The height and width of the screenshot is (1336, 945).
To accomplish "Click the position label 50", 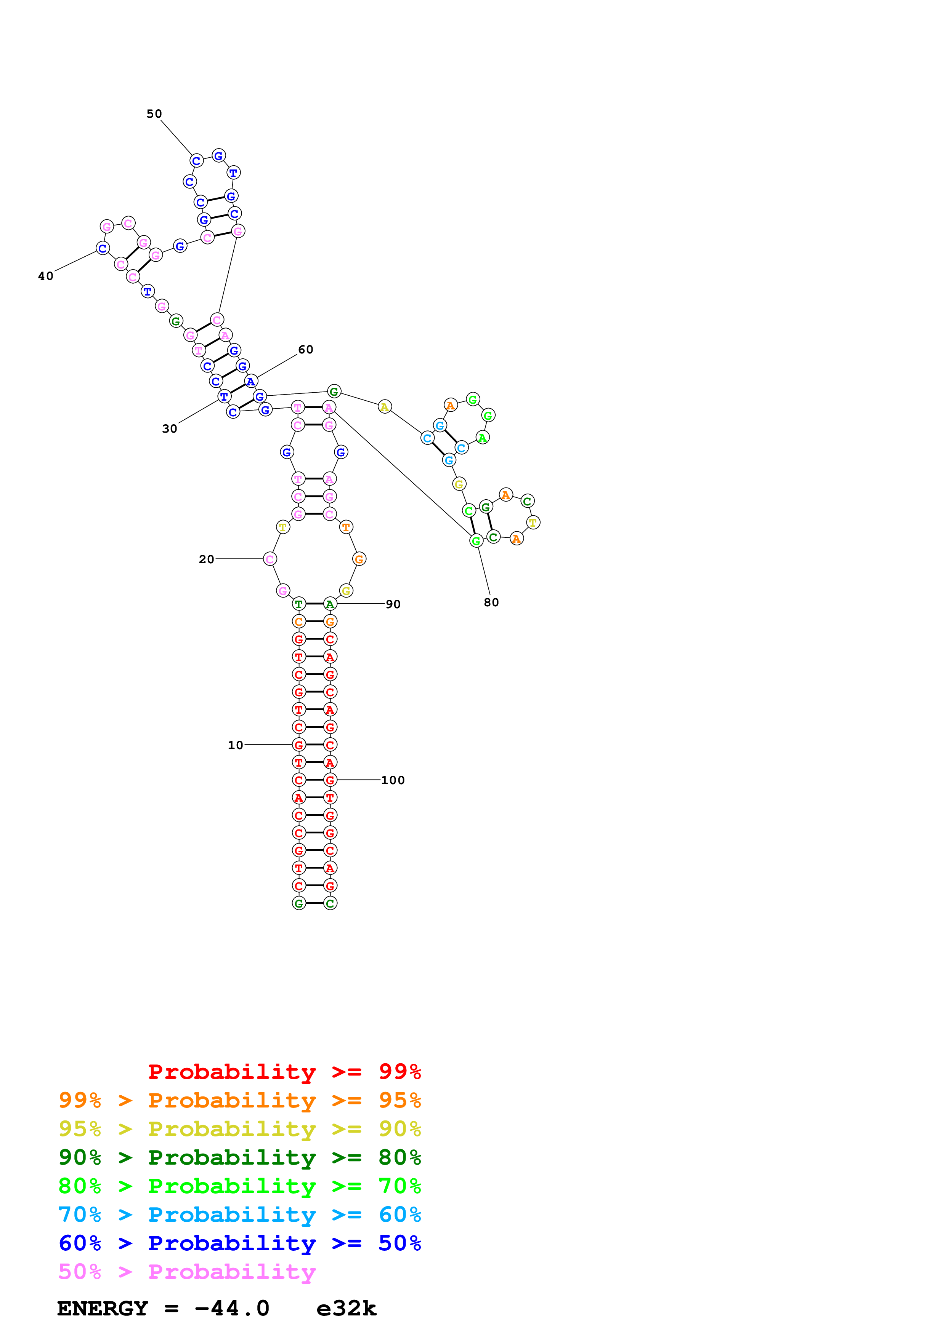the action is [154, 113].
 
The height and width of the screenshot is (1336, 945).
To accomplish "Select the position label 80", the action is [491, 602].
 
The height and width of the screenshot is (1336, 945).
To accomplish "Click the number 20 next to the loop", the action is [206, 559].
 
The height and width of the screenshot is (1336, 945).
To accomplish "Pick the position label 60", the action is [306, 349].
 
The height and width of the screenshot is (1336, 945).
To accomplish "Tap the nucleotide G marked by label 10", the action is [299, 745].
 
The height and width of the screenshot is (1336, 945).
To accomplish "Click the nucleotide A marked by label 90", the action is [330, 604].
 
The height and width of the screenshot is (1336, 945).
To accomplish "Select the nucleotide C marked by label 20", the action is [270, 559].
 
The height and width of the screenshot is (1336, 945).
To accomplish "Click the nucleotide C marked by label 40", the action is [103, 248].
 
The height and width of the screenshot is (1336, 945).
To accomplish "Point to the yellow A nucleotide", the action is [384, 407].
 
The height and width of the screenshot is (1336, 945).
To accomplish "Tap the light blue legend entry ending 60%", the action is [239, 1215].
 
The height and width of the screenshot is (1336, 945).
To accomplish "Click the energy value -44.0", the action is [232, 1308].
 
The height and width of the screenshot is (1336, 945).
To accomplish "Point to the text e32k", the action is [347, 1308].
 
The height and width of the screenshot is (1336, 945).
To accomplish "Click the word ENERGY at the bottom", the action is [103, 1308].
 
